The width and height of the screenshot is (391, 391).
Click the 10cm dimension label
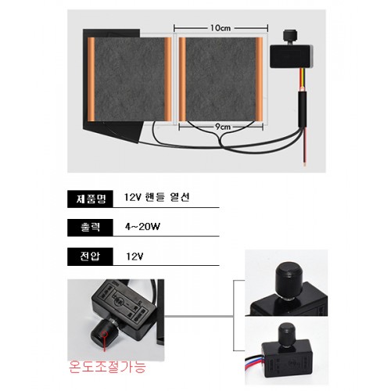pyautogui.click(x=221, y=28)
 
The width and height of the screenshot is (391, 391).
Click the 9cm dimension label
pyautogui.click(x=223, y=127)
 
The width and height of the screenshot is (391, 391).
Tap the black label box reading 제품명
pyautogui.click(x=90, y=199)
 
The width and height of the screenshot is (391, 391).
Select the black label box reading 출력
pyautogui.click(x=90, y=228)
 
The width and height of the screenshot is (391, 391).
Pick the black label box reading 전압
pyautogui.click(x=90, y=256)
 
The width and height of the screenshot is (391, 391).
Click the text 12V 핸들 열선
pyautogui.click(x=156, y=197)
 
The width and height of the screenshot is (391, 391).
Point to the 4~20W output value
pyautogui.click(x=142, y=227)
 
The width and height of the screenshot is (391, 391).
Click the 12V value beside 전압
pyautogui.click(x=135, y=256)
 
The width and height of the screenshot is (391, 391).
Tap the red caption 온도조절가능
pyautogui.click(x=107, y=367)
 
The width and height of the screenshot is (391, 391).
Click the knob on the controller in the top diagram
pyautogui.click(x=291, y=36)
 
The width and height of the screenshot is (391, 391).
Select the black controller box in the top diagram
pyautogui.click(x=291, y=56)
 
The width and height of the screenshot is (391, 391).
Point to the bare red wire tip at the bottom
pyautogui.click(x=304, y=164)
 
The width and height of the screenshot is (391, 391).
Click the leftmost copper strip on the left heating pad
pyautogui.click(x=91, y=79)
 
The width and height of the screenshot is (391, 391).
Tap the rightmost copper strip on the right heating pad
pyautogui.click(x=259, y=79)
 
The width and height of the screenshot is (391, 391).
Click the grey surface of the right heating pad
pyautogui.click(x=221, y=79)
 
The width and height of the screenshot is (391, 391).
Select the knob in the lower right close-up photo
pyautogui.click(x=286, y=335)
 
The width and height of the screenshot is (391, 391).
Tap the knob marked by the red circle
pyautogui.click(x=102, y=334)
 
